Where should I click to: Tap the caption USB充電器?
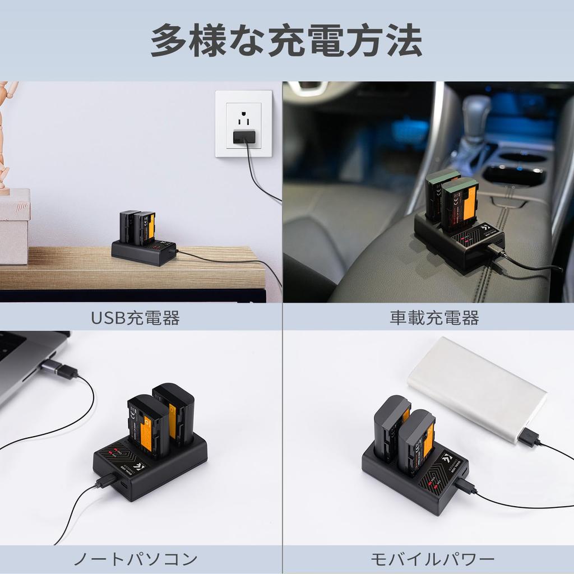click(x=135, y=318)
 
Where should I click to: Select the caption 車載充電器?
click(x=434, y=318)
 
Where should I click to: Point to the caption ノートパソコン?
click(x=136, y=559)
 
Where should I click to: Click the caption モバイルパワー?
click(x=433, y=559)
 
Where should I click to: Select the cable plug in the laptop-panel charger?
click(x=107, y=480)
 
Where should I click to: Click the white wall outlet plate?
click(x=244, y=124)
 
